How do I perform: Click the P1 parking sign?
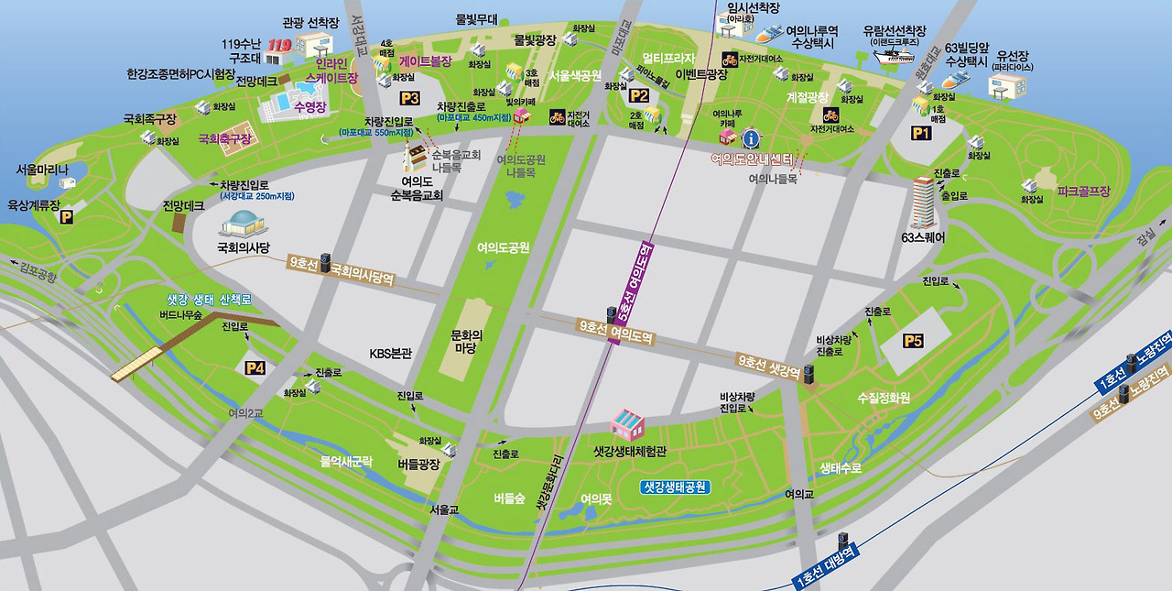pos(920,133)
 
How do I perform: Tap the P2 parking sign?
pos(638,95)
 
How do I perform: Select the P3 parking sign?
pos(408,98)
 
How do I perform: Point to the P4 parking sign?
pos(255,368)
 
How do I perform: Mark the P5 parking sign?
pos(913,341)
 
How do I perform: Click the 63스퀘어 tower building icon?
pos(923,202)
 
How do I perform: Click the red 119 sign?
pos(278,46)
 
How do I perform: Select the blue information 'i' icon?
pos(752,139)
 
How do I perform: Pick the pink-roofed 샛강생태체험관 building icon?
pos(628,424)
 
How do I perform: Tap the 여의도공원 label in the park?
pos(504,247)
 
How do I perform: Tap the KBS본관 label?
pos(391,353)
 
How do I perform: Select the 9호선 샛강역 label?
pos(769,367)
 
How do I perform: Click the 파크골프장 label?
pos(1083,192)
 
